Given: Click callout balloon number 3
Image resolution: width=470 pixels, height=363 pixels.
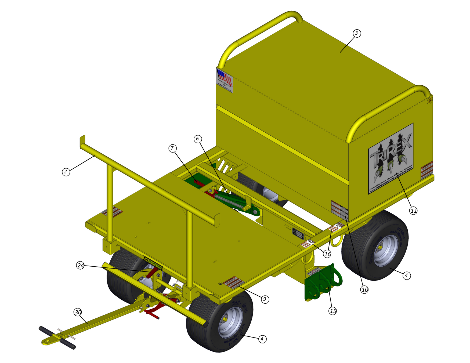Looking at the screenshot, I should pyautogui.click(x=356, y=33).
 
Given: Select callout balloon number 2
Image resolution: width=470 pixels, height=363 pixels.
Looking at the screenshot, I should pyautogui.click(x=66, y=172).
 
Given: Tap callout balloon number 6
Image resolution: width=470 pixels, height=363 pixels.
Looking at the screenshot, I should pyautogui.click(x=198, y=139).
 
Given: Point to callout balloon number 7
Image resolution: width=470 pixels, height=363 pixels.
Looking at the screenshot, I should pyautogui.click(x=172, y=148).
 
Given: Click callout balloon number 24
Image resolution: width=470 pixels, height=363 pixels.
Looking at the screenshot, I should pyautogui.click(x=80, y=266).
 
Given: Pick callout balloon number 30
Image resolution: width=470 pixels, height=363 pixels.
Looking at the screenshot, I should pyautogui.click(x=78, y=312).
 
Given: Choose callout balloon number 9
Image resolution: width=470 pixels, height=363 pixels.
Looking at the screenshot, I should pyautogui.click(x=265, y=299).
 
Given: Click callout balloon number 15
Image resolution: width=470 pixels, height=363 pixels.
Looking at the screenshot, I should pyautogui.click(x=333, y=311).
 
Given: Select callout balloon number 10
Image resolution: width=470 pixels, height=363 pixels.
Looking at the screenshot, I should pyautogui.click(x=364, y=289).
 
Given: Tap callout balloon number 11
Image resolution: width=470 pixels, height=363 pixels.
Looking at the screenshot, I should pyautogui.click(x=414, y=211).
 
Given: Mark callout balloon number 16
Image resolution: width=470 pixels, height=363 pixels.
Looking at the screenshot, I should pyautogui.click(x=327, y=254).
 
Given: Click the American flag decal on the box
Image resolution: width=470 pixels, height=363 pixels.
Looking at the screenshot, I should pyautogui.click(x=225, y=81).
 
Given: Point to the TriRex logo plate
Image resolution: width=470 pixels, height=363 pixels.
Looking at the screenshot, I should pyautogui.click(x=391, y=158).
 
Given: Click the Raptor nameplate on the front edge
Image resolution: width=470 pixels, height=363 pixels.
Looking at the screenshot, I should pyautogui.click(x=153, y=263).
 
